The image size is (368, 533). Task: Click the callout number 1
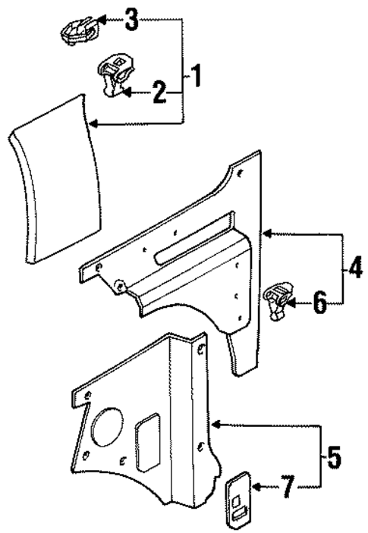(x=196, y=77)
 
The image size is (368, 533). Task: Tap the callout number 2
(x=159, y=92)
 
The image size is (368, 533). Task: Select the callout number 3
(x=132, y=20)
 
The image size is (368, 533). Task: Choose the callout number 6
(x=319, y=304)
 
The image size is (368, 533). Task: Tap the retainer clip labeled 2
(x=114, y=77)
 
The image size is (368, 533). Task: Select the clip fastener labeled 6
(x=278, y=299)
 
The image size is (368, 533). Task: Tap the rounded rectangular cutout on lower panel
(x=146, y=437)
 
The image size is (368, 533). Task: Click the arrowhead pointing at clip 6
(x=294, y=304)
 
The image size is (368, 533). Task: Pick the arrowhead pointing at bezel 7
(x=257, y=488)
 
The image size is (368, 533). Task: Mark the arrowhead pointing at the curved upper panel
(x=93, y=123)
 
